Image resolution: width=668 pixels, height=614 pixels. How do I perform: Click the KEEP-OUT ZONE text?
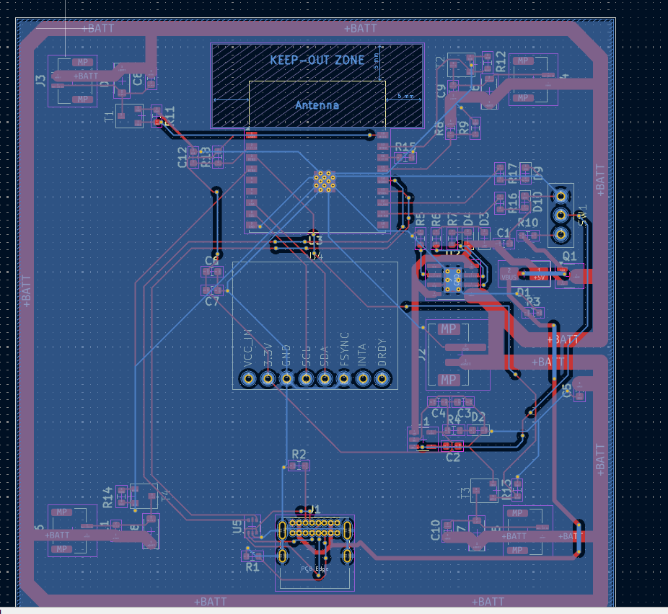tap(317, 60)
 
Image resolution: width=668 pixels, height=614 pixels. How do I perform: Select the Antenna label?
tap(317, 105)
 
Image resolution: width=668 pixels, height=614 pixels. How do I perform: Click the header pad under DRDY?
tap(382, 378)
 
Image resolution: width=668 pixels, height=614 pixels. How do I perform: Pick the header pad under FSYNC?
tap(344, 378)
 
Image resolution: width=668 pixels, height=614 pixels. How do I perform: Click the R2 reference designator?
tap(299, 454)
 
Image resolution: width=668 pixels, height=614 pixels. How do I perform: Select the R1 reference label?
tap(252, 567)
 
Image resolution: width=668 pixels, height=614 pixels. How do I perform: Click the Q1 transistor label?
tap(569, 256)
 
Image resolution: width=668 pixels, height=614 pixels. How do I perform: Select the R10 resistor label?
tap(528, 223)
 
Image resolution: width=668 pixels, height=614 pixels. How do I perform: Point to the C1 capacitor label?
tap(504, 233)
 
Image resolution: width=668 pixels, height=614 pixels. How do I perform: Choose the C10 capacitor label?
tap(435, 530)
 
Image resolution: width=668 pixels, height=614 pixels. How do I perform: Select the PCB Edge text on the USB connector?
tap(315, 569)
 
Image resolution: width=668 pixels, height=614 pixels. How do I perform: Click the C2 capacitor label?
tap(453, 457)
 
